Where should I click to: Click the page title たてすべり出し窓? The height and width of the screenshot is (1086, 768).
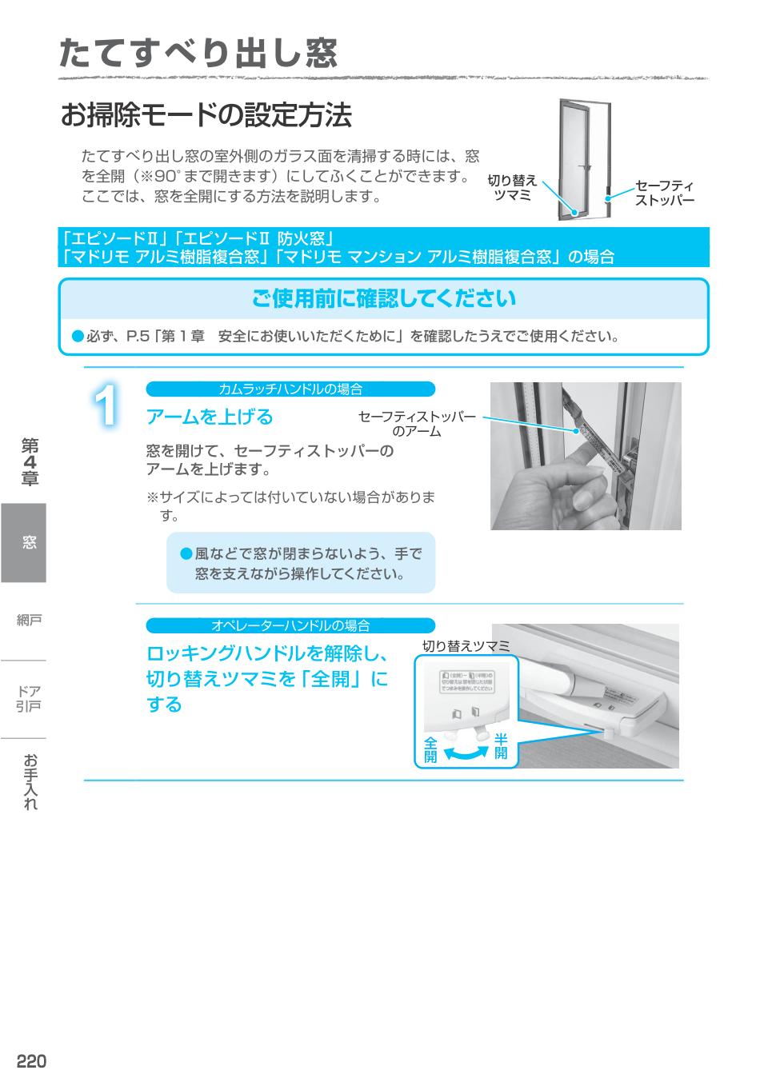198,53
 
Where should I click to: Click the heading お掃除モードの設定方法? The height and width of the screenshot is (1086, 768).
206,116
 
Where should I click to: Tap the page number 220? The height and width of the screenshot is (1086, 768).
32,1061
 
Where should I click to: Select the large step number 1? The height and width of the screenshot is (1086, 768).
106,408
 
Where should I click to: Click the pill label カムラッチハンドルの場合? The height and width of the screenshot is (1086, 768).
290,389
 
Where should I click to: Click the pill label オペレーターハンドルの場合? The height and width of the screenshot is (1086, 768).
290,625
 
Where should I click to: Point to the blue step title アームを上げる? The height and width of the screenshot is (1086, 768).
210,417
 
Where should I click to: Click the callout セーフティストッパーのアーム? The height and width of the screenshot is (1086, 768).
417,424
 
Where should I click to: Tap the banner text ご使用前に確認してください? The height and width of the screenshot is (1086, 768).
384,299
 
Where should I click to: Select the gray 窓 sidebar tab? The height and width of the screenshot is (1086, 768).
23,542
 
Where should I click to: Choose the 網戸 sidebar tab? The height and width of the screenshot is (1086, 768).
30,620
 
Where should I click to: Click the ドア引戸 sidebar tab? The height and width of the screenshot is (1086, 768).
30,698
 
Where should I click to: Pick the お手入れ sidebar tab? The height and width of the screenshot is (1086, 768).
30,781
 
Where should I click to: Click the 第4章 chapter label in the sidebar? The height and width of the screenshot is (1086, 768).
30,461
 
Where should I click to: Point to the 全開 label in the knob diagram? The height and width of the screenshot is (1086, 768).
430,749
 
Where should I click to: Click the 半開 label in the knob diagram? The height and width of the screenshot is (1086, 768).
501,745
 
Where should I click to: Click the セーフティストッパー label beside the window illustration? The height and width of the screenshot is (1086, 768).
664,193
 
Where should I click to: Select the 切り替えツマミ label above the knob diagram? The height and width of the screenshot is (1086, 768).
466,645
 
